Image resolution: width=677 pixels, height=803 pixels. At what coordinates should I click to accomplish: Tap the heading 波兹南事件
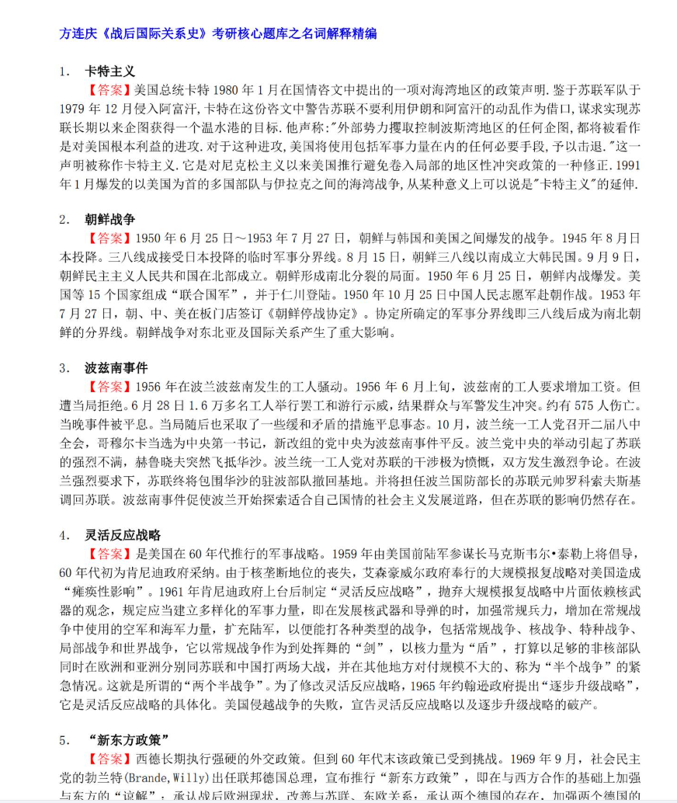(116, 367)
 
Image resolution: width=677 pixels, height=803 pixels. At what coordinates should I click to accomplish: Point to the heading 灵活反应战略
(122, 535)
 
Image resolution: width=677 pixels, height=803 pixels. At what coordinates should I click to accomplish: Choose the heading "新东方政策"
(127, 739)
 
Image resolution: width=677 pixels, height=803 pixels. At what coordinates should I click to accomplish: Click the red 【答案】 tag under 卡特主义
(109, 89)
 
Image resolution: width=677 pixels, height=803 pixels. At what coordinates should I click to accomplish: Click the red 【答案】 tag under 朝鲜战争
(109, 238)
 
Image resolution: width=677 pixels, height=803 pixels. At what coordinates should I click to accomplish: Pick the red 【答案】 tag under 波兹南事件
(109, 386)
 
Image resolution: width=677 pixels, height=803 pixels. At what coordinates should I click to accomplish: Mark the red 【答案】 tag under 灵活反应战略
(109, 554)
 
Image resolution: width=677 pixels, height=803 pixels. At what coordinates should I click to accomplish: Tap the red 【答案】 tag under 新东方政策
(109, 757)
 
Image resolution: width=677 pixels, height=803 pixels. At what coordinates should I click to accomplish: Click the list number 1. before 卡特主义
(64, 71)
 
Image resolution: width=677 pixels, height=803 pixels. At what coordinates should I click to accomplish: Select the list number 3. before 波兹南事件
(64, 368)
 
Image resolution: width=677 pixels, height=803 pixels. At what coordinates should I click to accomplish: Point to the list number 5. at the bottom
(64, 739)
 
